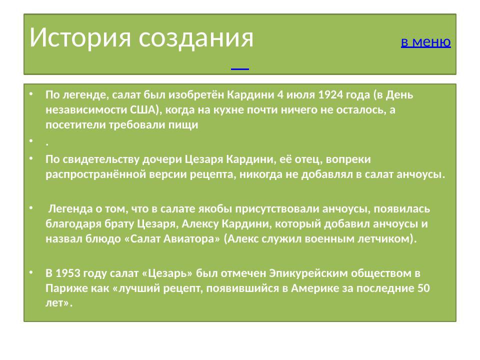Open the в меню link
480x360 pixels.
(425, 42)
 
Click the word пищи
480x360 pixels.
(186, 125)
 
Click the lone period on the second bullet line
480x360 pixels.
(46, 142)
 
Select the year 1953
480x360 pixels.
(69, 273)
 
